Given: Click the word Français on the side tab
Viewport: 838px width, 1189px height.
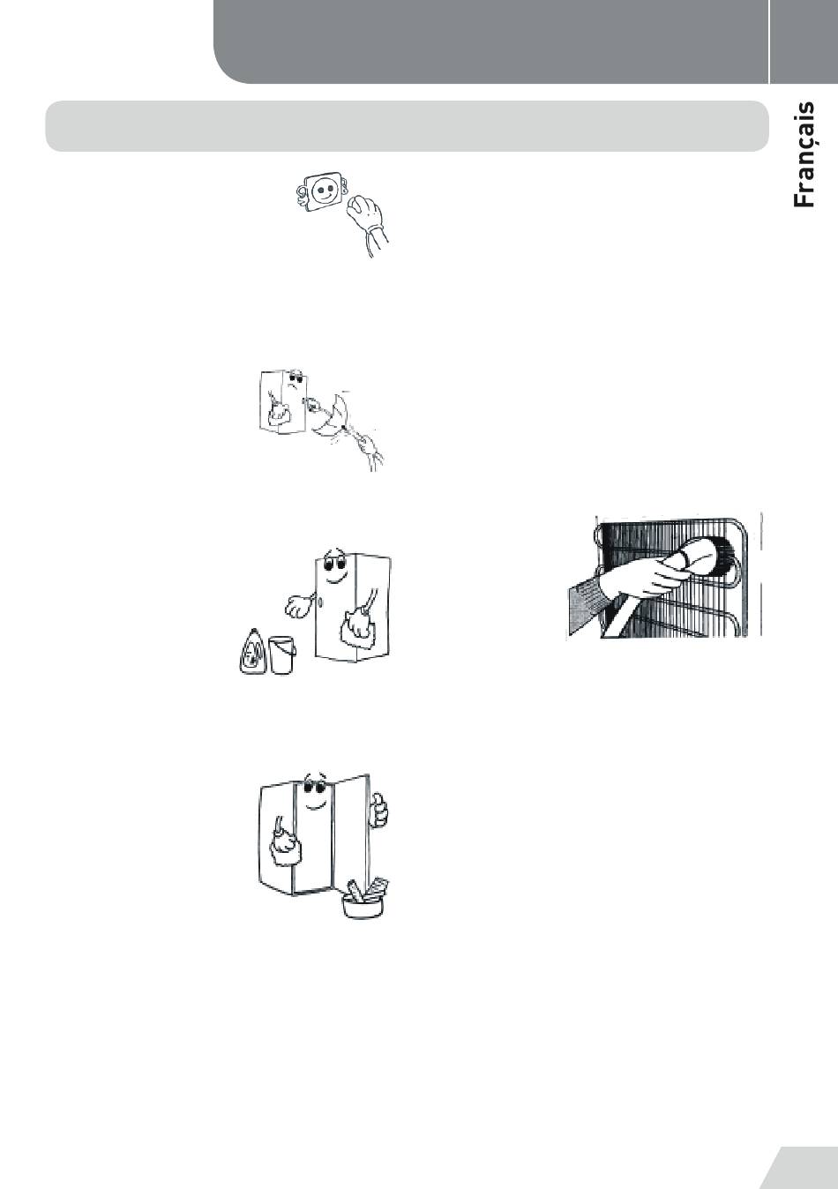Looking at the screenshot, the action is (804, 155).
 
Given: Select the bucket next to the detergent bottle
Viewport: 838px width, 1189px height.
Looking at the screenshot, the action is (281, 654).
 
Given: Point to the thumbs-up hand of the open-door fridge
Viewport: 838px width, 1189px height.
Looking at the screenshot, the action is (378, 809).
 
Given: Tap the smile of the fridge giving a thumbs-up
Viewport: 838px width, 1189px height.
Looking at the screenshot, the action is (312, 804).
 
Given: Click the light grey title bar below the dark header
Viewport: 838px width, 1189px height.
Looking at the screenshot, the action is (406, 126).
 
